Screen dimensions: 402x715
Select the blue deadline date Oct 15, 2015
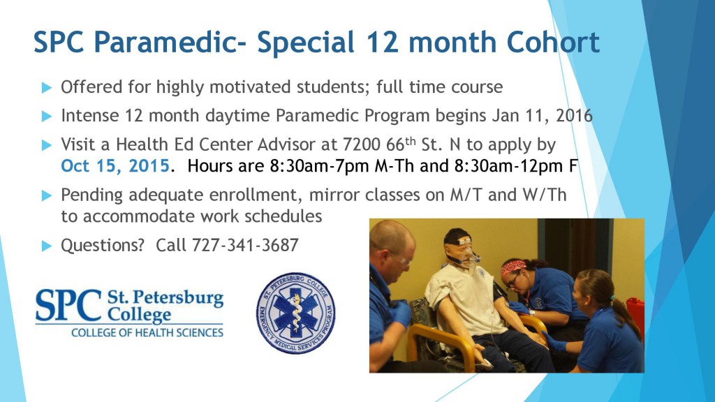(115, 167)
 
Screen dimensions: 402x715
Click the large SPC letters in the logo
(68, 304)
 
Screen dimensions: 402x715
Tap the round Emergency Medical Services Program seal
(295, 313)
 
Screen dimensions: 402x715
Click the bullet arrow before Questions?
(47, 246)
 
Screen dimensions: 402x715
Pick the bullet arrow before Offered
(47, 88)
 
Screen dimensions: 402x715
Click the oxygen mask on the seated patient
(469, 254)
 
